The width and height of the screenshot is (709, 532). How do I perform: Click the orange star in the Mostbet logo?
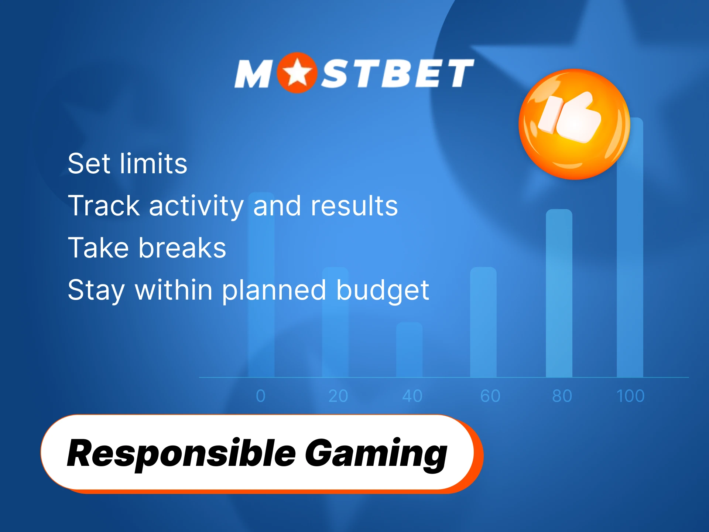(x=297, y=73)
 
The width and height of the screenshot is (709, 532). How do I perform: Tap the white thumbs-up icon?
(x=571, y=117)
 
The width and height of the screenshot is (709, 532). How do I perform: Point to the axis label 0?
(x=261, y=396)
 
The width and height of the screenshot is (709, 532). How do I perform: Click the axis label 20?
(x=338, y=396)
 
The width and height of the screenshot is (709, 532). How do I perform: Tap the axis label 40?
(x=412, y=396)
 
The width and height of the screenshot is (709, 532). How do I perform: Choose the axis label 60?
(x=490, y=396)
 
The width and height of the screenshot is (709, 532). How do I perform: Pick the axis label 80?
(x=562, y=396)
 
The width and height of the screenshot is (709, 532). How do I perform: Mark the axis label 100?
(x=630, y=396)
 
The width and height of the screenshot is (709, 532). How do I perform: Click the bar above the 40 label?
(x=409, y=349)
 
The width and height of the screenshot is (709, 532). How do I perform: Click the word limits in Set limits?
(x=153, y=163)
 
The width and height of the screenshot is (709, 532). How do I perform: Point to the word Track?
(x=104, y=205)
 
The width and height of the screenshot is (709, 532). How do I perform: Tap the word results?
(x=354, y=205)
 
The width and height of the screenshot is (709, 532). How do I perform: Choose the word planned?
(x=274, y=290)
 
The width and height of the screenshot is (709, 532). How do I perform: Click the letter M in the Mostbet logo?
(x=253, y=74)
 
